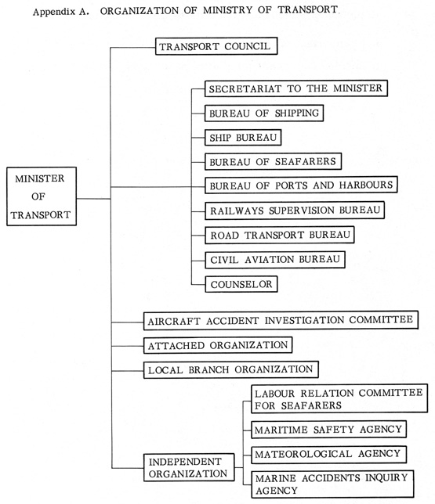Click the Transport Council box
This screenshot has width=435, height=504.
tap(216, 46)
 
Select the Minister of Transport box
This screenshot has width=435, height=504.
tap(42, 196)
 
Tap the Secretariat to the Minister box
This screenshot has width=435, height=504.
tap(296, 88)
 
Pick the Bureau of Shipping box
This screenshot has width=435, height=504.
tap(264, 113)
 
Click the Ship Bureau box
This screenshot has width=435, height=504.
tap(243, 137)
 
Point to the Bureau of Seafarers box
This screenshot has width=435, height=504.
tap(273, 161)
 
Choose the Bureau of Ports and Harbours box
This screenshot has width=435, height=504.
tap(301, 185)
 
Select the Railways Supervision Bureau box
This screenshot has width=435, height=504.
tap(295, 211)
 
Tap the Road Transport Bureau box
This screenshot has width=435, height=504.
tap(280, 235)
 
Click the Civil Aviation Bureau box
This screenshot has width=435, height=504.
tap(275, 260)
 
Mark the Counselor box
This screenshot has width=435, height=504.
tap(241, 284)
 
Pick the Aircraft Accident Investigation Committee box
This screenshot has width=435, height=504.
tap(281, 320)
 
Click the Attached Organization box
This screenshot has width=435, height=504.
tap(218, 345)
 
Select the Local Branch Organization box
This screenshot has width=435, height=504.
tap(231, 369)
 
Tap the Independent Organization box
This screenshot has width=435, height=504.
tap(189, 467)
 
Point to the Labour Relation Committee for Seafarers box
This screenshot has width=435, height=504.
tap(339, 398)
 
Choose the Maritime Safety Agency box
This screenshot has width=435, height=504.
tap(328, 430)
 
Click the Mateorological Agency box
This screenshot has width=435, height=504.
tap(328, 454)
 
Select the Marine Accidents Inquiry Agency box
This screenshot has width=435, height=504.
tap(332, 484)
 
